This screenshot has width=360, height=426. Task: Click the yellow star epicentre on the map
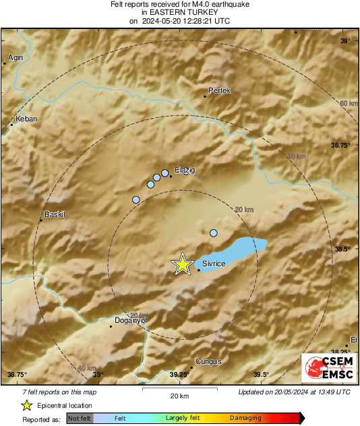182,264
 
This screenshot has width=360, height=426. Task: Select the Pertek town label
219,90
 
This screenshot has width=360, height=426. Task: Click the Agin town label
16,57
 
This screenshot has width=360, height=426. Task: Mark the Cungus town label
208,362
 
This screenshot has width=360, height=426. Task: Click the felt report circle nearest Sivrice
214,233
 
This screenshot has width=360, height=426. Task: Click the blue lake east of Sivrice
246,247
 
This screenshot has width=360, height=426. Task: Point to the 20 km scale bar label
179,395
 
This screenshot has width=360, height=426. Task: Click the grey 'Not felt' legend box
80,418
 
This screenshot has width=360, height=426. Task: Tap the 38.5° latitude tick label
342,249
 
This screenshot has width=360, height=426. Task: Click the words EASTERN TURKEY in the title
180,12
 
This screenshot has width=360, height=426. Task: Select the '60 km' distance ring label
349,103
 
